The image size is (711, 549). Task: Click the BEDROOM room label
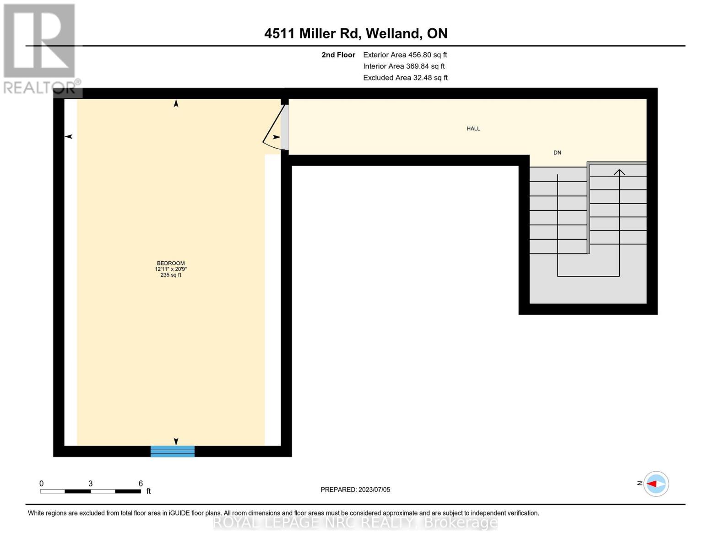pyautogui.click(x=171, y=263)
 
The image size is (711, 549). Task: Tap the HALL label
pyautogui.click(x=473, y=129)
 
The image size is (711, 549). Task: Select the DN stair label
pyautogui.click(x=557, y=153)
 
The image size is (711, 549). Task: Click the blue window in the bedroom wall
pyautogui.click(x=173, y=451)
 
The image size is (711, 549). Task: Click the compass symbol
pyautogui.click(x=656, y=484)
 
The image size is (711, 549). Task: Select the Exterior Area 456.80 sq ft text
pyautogui.click(x=405, y=55)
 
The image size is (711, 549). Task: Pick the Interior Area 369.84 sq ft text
pyautogui.click(x=404, y=66)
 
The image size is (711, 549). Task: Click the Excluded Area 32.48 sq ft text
pyautogui.click(x=405, y=78)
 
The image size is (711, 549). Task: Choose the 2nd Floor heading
pyautogui.click(x=338, y=55)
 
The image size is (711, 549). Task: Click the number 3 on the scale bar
pyautogui.click(x=91, y=484)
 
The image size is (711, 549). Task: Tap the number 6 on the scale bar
pyautogui.click(x=141, y=484)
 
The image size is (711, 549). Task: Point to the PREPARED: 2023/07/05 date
pyautogui.click(x=355, y=490)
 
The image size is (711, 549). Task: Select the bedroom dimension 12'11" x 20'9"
pyautogui.click(x=171, y=269)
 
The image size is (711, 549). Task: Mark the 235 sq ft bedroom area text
pyautogui.click(x=171, y=275)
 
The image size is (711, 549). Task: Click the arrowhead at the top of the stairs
pyautogui.click(x=619, y=172)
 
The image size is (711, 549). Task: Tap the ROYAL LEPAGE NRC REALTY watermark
pyautogui.click(x=355, y=522)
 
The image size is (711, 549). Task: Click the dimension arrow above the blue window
pyautogui.click(x=176, y=441)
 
